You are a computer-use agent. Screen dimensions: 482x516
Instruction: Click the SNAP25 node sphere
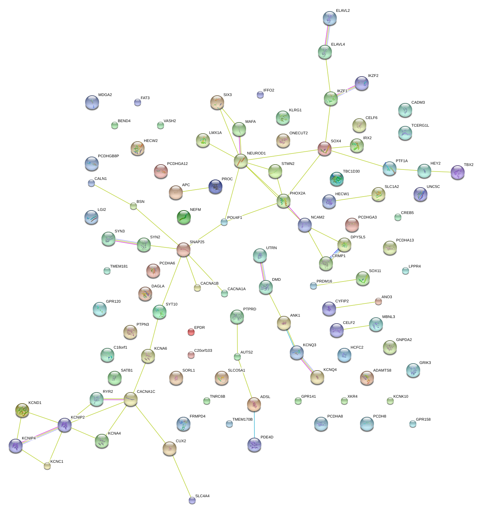[183, 249]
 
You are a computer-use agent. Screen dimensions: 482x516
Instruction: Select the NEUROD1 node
[240, 160]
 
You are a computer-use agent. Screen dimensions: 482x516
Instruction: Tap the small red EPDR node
[191, 332]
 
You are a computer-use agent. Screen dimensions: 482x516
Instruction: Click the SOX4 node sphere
[324, 148]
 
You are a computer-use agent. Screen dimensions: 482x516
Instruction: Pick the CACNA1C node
[130, 399]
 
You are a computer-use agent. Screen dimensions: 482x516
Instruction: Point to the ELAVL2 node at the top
[329, 18]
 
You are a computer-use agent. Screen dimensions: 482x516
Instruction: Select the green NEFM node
[183, 217]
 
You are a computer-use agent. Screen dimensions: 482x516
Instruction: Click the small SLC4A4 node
[192, 500]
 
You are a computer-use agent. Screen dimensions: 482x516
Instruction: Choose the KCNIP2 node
[65, 424]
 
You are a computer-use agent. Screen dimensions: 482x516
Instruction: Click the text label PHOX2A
[297, 193]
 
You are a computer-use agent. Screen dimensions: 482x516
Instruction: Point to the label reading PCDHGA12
[177, 164]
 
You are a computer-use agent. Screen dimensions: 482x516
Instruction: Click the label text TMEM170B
[242, 420]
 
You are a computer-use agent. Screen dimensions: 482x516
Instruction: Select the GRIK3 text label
[425, 363]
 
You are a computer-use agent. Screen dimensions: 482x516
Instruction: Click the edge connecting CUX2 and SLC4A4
[181, 475]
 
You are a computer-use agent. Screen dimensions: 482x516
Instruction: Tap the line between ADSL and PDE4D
[254, 424]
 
